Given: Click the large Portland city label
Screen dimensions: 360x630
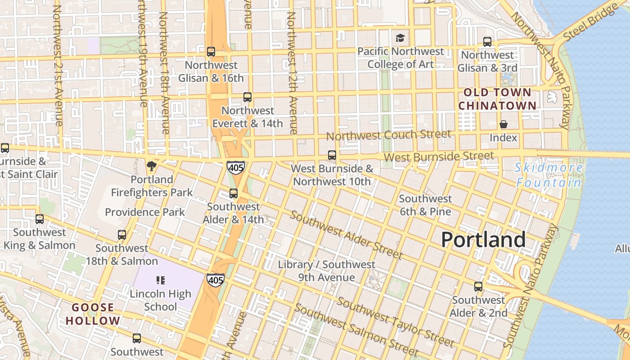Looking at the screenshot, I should click(x=483, y=239).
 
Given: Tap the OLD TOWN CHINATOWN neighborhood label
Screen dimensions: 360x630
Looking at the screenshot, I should click(x=497, y=99).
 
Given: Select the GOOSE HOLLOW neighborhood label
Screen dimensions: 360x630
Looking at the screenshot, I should click(x=93, y=314).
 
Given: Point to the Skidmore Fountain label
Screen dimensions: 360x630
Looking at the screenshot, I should click(x=549, y=175).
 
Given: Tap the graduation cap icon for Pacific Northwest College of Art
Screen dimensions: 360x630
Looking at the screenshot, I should click(x=400, y=38).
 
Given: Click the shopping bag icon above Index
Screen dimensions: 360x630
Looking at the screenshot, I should click(x=503, y=124).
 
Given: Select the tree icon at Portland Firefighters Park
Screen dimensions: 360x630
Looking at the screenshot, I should click(x=152, y=166).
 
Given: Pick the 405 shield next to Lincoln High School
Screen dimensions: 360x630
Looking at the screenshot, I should click(x=216, y=280).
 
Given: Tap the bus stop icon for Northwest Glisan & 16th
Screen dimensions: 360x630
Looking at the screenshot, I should click(x=211, y=52).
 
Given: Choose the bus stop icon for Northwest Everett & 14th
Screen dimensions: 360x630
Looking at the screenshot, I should click(x=247, y=97).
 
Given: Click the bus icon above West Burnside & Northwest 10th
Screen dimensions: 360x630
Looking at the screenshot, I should click(x=332, y=155).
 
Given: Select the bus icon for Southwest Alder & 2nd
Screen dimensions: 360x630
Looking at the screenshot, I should click(x=478, y=287).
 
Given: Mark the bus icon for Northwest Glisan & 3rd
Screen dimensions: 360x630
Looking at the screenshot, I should click(x=487, y=42).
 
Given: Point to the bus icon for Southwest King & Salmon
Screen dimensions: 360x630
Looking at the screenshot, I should click(x=40, y=219).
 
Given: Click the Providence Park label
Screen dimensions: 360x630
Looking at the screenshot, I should click(x=145, y=212).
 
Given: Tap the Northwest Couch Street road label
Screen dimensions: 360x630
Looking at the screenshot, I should click(x=388, y=135).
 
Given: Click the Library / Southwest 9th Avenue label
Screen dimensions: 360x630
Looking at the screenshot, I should click(x=326, y=271).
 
